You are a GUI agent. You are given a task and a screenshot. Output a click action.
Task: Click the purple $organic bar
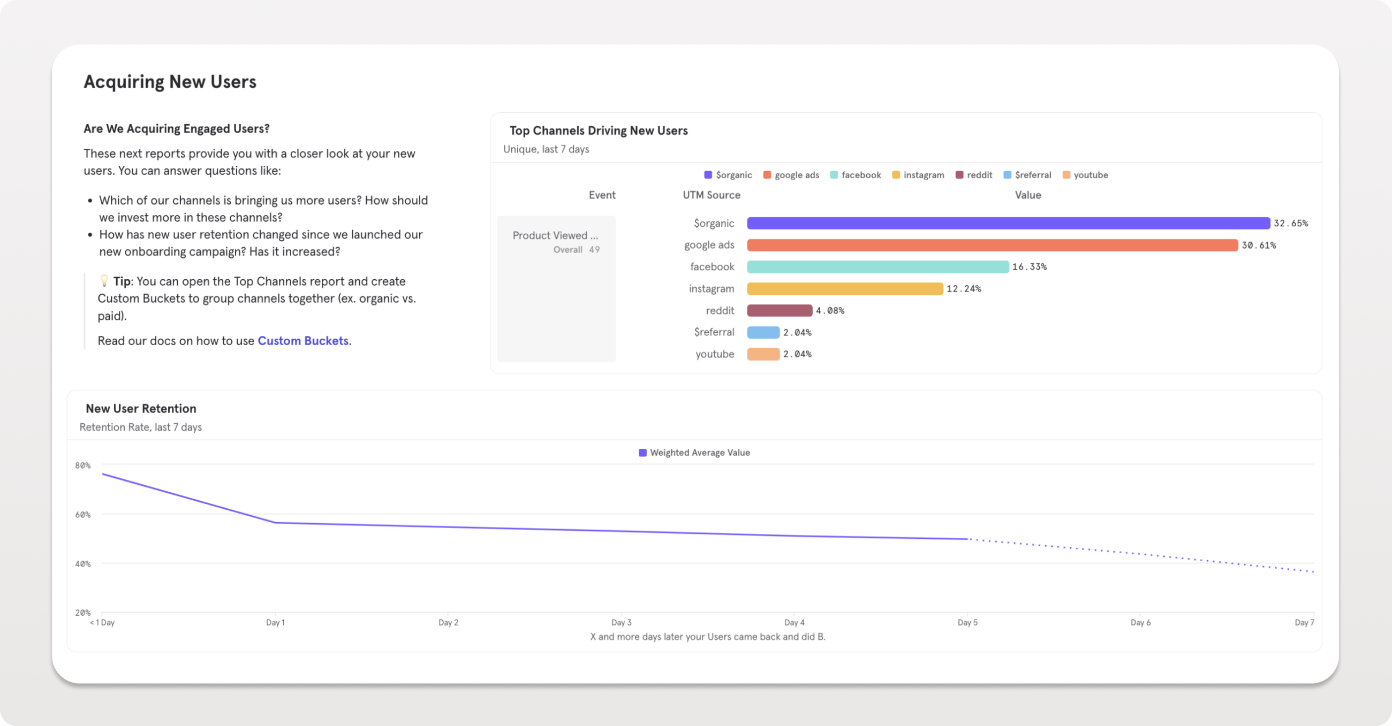click(1008, 223)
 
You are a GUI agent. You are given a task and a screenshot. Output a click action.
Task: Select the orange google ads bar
click(992, 245)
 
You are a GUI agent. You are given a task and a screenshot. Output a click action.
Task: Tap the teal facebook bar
click(877, 267)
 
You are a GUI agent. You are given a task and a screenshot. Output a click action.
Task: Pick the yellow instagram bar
click(845, 289)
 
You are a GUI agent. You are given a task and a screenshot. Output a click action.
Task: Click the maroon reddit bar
click(779, 311)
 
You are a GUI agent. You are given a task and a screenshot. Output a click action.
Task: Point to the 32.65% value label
click(1290, 223)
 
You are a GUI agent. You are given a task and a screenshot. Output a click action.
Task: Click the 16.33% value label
click(1029, 267)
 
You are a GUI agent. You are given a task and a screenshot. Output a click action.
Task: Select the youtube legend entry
click(1085, 175)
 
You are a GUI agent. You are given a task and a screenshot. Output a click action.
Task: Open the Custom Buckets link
click(302, 341)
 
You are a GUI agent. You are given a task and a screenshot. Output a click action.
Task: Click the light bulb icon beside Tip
click(104, 281)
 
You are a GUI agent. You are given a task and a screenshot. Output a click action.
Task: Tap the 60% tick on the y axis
click(82, 515)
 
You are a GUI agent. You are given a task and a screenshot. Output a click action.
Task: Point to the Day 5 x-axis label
click(967, 622)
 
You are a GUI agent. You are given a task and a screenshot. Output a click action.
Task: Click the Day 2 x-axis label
click(448, 622)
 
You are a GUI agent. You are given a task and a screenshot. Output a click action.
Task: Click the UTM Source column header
click(711, 195)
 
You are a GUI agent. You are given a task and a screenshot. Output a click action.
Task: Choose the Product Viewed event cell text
click(555, 235)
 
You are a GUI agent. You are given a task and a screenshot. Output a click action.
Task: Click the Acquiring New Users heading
click(170, 81)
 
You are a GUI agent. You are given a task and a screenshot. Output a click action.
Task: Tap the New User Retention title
click(141, 409)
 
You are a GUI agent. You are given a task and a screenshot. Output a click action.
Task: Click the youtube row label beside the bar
click(714, 354)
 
